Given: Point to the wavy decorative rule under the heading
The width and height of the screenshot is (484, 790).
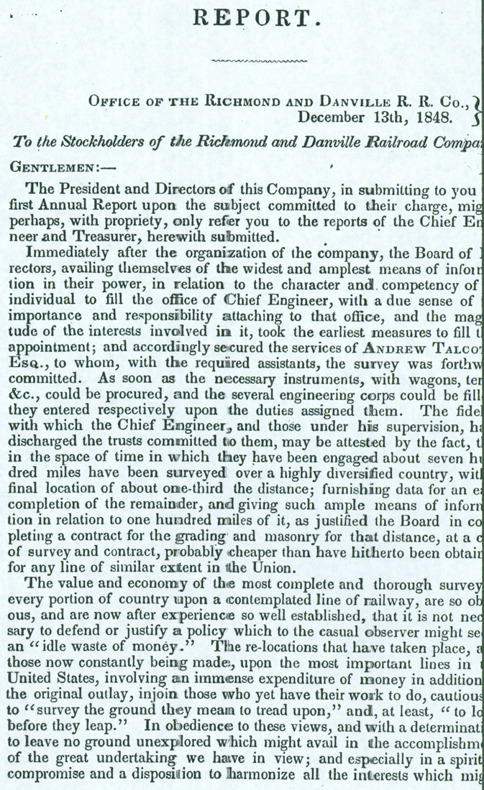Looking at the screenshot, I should (x=256, y=62).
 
